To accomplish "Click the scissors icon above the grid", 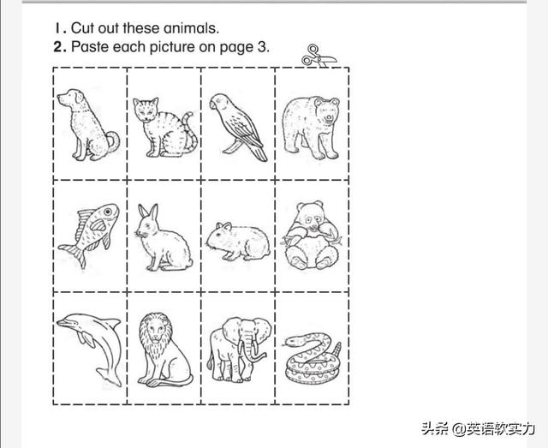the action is pos(319,57).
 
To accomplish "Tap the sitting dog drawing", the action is pos(87,125).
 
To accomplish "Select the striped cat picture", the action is pos(164,128).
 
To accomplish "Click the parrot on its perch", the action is pos(238,127).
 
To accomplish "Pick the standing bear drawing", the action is pos(311,128).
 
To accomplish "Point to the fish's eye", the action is pos(108,212).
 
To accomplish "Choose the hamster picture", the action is pos(238,242).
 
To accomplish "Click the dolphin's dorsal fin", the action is pos(112,322).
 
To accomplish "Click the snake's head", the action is pos(292,341).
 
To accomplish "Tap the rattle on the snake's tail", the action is pos(337,349).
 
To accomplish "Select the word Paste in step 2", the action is pos(91,46).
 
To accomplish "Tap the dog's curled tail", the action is pos(113,141).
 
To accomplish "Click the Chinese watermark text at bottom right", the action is pos(479,429).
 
